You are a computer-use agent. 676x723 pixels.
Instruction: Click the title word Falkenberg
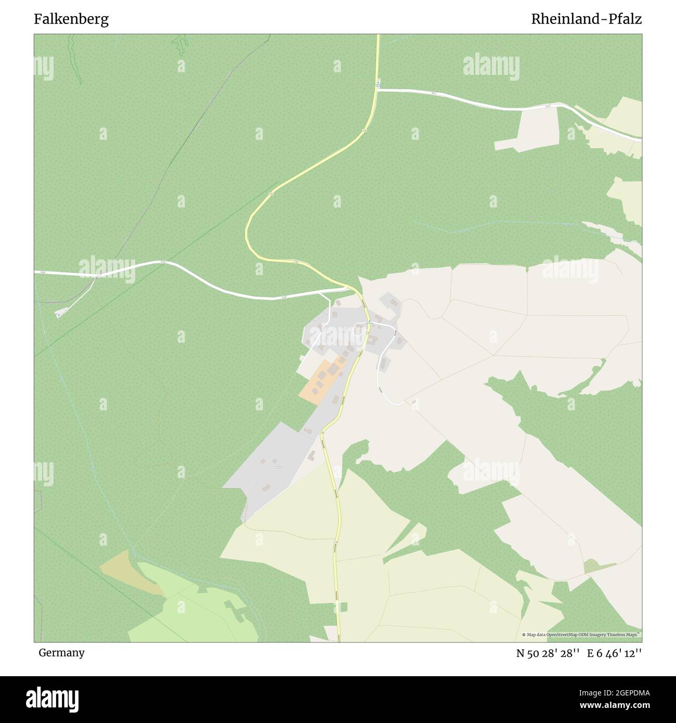[x=71, y=19]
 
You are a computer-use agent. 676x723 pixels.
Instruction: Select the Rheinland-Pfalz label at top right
[x=586, y=19]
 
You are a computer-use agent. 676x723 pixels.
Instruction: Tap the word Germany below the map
[x=61, y=653]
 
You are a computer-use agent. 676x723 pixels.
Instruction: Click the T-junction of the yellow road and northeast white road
[x=378, y=90]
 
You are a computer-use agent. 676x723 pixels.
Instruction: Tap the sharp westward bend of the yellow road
[x=246, y=231]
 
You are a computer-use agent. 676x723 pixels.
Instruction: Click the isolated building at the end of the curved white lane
[x=413, y=402]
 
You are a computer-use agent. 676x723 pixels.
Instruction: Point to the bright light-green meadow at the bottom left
[x=187, y=614]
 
